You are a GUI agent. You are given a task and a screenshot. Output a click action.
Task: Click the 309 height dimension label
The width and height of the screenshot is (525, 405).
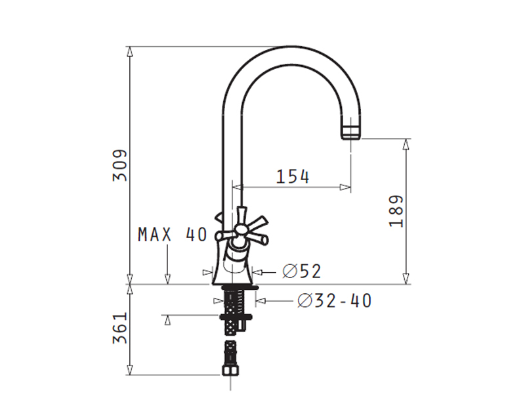[x=120, y=166]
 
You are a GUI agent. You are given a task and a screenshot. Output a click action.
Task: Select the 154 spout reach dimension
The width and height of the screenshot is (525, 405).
[x=293, y=176]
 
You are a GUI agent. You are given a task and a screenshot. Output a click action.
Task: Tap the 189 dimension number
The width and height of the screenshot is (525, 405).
[x=396, y=211]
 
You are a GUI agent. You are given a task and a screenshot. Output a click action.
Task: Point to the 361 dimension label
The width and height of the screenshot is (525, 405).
[x=120, y=328]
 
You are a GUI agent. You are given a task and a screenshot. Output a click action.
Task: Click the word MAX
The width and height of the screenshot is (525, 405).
[x=155, y=234]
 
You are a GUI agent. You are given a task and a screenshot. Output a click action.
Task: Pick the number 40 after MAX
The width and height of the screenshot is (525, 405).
[x=196, y=234]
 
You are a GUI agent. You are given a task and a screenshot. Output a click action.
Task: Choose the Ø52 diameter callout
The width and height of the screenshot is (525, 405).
[x=302, y=271]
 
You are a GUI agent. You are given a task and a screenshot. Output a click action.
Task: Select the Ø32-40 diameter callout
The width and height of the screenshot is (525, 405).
[x=334, y=300]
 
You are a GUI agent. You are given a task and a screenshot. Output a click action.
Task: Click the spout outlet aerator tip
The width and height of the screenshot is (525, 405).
[x=351, y=132]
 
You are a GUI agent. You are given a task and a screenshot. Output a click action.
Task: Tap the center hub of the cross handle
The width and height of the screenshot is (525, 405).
[x=240, y=229]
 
